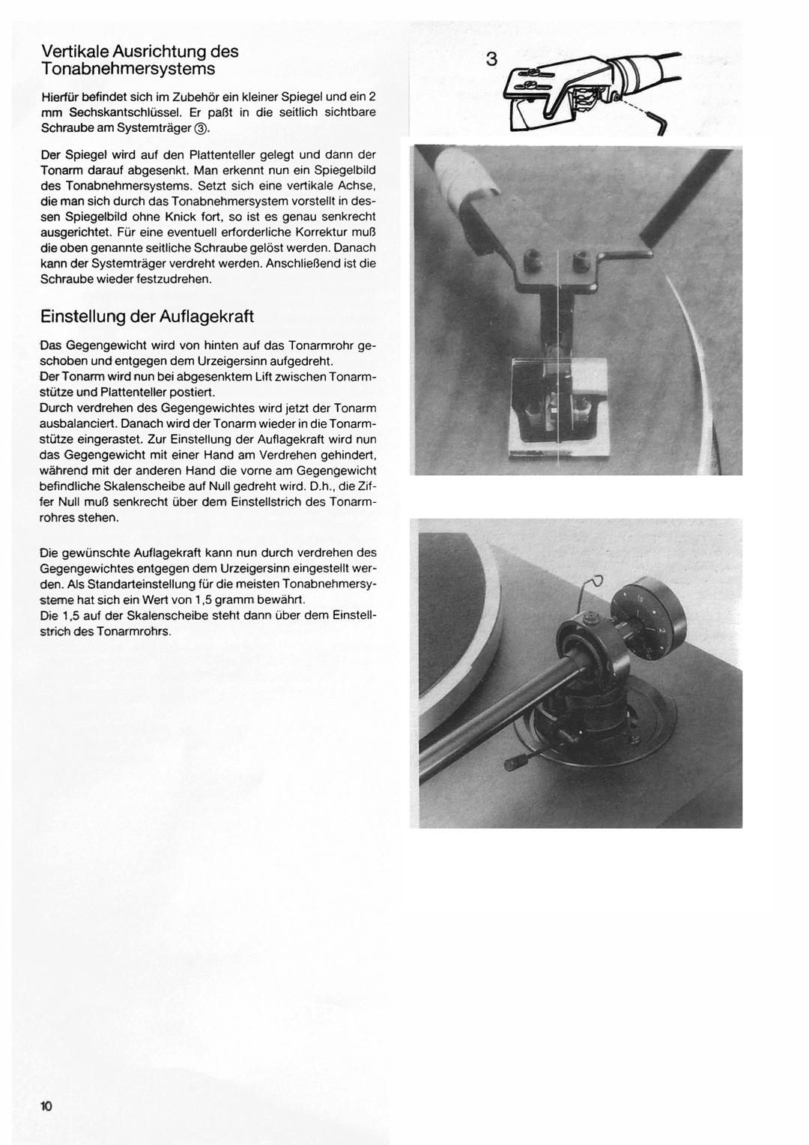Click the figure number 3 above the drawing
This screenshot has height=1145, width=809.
(x=491, y=59)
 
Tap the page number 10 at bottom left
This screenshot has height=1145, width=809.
(x=46, y=1106)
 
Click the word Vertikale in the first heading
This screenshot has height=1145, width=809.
(x=75, y=52)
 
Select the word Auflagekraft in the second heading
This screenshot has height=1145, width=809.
(x=207, y=316)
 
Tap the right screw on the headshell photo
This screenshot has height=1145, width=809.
(x=581, y=262)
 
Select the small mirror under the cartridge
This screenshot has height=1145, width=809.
(x=557, y=408)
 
